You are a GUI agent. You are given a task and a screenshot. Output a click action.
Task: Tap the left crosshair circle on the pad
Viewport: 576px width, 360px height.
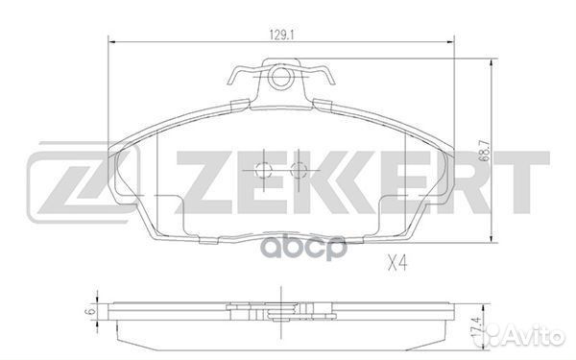point(265,170)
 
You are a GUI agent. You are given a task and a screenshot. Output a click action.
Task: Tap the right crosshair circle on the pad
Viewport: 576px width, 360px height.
point(299,170)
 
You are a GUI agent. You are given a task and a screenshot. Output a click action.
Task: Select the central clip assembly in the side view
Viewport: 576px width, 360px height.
point(280,309)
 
